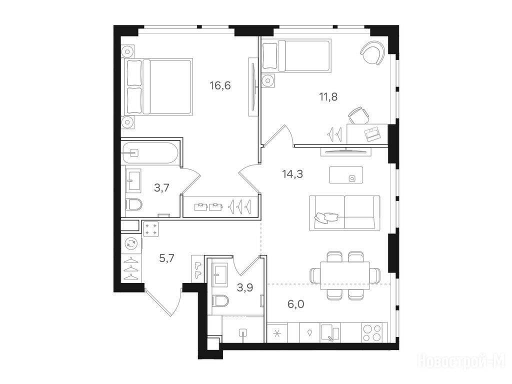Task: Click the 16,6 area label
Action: tap(220, 86)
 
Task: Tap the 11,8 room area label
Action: tap(328, 96)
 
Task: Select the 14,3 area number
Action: tap(292, 174)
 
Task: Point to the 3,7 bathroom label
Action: tap(161, 188)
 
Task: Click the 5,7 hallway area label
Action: tap(166, 258)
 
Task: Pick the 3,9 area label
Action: tap(245, 287)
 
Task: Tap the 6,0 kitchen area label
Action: tap(296, 304)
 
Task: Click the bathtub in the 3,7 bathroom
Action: tap(150, 153)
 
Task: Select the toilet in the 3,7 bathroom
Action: tap(134, 205)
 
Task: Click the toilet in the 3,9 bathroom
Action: tap(219, 300)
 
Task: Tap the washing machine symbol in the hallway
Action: tap(131, 242)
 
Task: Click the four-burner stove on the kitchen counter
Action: tap(372, 332)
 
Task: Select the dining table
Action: tap(345, 275)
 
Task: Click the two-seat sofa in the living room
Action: tap(344, 212)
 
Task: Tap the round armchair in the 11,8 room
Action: tap(373, 52)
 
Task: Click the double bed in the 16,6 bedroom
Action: tap(156, 87)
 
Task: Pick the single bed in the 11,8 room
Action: tap(297, 55)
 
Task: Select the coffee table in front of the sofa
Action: tap(346, 175)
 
